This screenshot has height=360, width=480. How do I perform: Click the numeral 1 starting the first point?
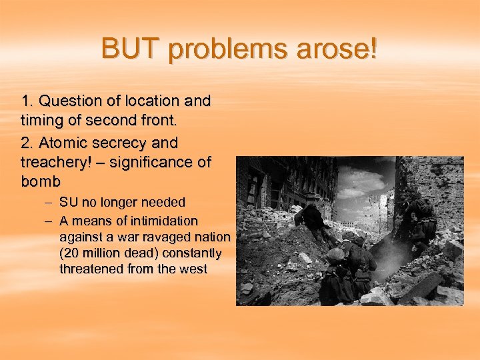pyautogui.click(x=25, y=101)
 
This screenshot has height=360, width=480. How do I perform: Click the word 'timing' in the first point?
pyautogui.click(x=41, y=122)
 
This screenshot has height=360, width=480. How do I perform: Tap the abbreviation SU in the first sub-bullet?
pyautogui.click(x=69, y=202)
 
